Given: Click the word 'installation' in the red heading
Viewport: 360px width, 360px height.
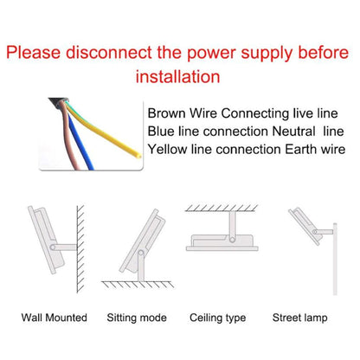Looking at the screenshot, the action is tap(177, 77).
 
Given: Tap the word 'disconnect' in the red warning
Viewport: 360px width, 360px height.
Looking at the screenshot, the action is tap(109, 53).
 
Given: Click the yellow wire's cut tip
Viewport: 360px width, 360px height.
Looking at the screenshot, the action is tap(138, 156).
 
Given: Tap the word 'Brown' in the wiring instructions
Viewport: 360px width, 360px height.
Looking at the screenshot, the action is tap(166, 113).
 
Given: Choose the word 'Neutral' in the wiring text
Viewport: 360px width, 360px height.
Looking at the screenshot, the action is tap(293, 132).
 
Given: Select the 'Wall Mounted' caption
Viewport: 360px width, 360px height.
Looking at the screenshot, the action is tap(55, 318).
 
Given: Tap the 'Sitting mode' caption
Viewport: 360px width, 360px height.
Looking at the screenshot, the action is tap(137, 318).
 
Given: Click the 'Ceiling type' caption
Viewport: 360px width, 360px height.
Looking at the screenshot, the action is tap(218, 318).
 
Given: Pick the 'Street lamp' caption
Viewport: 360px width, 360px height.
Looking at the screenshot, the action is tap(300, 318).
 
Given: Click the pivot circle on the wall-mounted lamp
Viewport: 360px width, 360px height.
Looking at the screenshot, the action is tap(53, 247).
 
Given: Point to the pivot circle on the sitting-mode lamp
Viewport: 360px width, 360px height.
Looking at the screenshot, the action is tap(141, 254).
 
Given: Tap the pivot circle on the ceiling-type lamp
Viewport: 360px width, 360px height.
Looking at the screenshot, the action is tap(232, 239).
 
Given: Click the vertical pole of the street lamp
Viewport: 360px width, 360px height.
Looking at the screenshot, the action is tap(335, 259).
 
